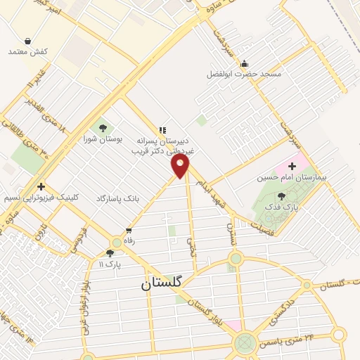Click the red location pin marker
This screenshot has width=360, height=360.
tap(181, 166)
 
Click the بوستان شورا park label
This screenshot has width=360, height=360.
tap(103, 139)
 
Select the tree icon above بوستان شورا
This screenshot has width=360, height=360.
tap(103, 127)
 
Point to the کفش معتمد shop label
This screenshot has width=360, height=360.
tap(27, 52)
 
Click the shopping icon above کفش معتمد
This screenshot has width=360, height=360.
tap(27, 41)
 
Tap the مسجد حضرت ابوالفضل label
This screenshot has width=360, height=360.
tap(243, 74)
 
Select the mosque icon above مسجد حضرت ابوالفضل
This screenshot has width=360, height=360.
tap(243, 63)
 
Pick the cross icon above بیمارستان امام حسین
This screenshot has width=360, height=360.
tap(292, 165)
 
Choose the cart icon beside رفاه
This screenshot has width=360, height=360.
tap(129, 230)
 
